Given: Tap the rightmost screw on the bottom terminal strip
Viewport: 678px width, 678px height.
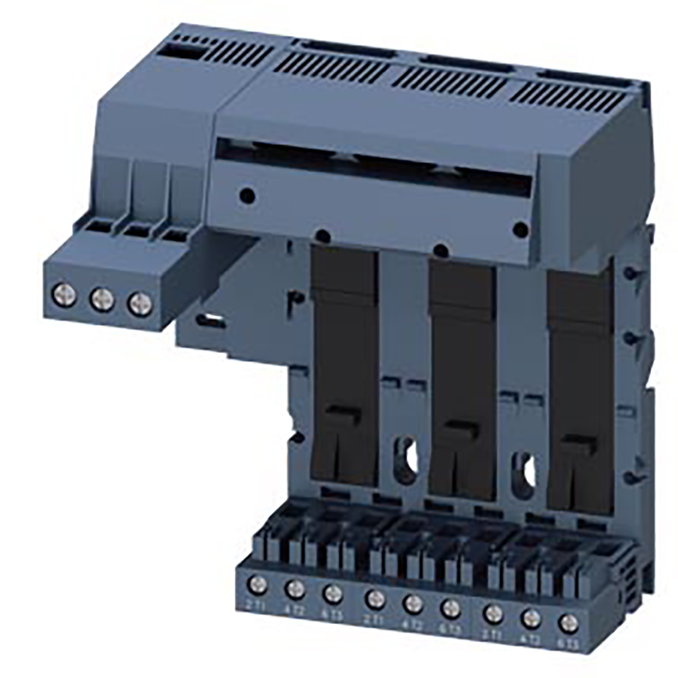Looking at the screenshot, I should point(567,623).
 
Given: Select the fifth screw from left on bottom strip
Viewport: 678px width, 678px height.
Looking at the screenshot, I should point(413,604).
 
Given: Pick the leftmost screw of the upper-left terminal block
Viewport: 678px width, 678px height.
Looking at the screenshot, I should point(64,294).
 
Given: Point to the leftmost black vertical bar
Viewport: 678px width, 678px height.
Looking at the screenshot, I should point(345,367).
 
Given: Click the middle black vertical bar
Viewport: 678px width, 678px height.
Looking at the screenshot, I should point(462,379).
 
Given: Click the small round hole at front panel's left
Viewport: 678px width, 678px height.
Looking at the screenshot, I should point(247,196).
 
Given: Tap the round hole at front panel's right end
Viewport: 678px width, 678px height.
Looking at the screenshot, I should point(520,229).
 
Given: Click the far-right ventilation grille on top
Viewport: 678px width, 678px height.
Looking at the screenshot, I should point(576,96).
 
